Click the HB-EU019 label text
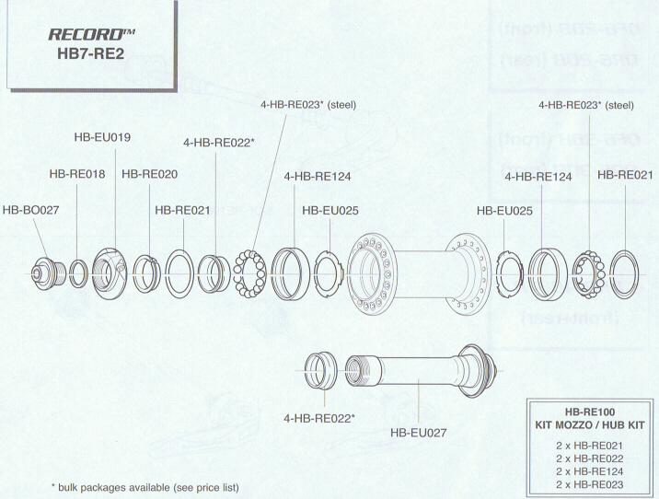click(x=102, y=137)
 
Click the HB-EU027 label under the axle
click(x=419, y=431)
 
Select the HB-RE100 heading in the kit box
click(x=590, y=412)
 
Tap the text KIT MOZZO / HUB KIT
click(x=590, y=425)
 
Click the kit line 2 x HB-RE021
click(x=590, y=445)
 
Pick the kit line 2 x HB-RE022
click(x=590, y=458)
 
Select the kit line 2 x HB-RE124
click(x=590, y=470)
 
